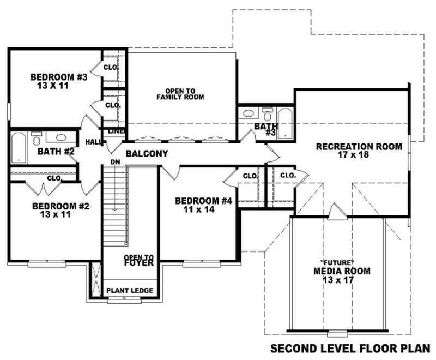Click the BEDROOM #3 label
(x=58, y=77)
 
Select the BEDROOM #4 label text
(x=203, y=201)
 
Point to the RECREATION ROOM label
(x=359, y=146)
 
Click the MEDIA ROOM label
(x=342, y=271)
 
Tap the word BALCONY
(x=147, y=154)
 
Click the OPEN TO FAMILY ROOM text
(x=180, y=93)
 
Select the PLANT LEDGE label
(x=129, y=290)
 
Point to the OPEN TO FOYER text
(x=138, y=260)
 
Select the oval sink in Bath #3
(x=248, y=114)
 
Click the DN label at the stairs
(x=115, y=162)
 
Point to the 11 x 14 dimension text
(x=203, y=209)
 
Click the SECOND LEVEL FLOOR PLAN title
(x=350, y=347)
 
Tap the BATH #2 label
(x=56, y=151)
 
